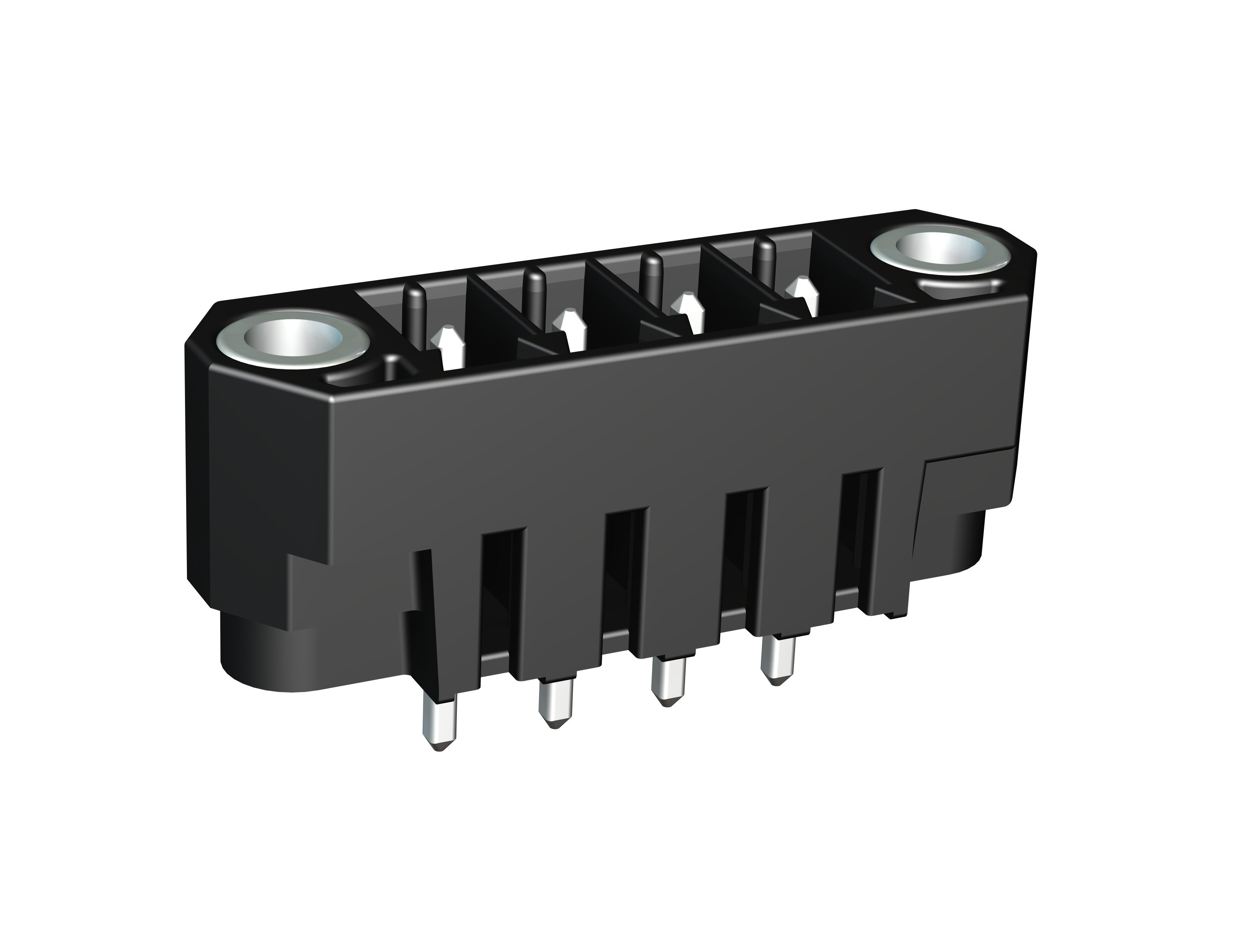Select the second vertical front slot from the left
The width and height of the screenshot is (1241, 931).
[624, 567]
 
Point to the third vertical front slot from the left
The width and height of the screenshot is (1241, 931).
[745, 544]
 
